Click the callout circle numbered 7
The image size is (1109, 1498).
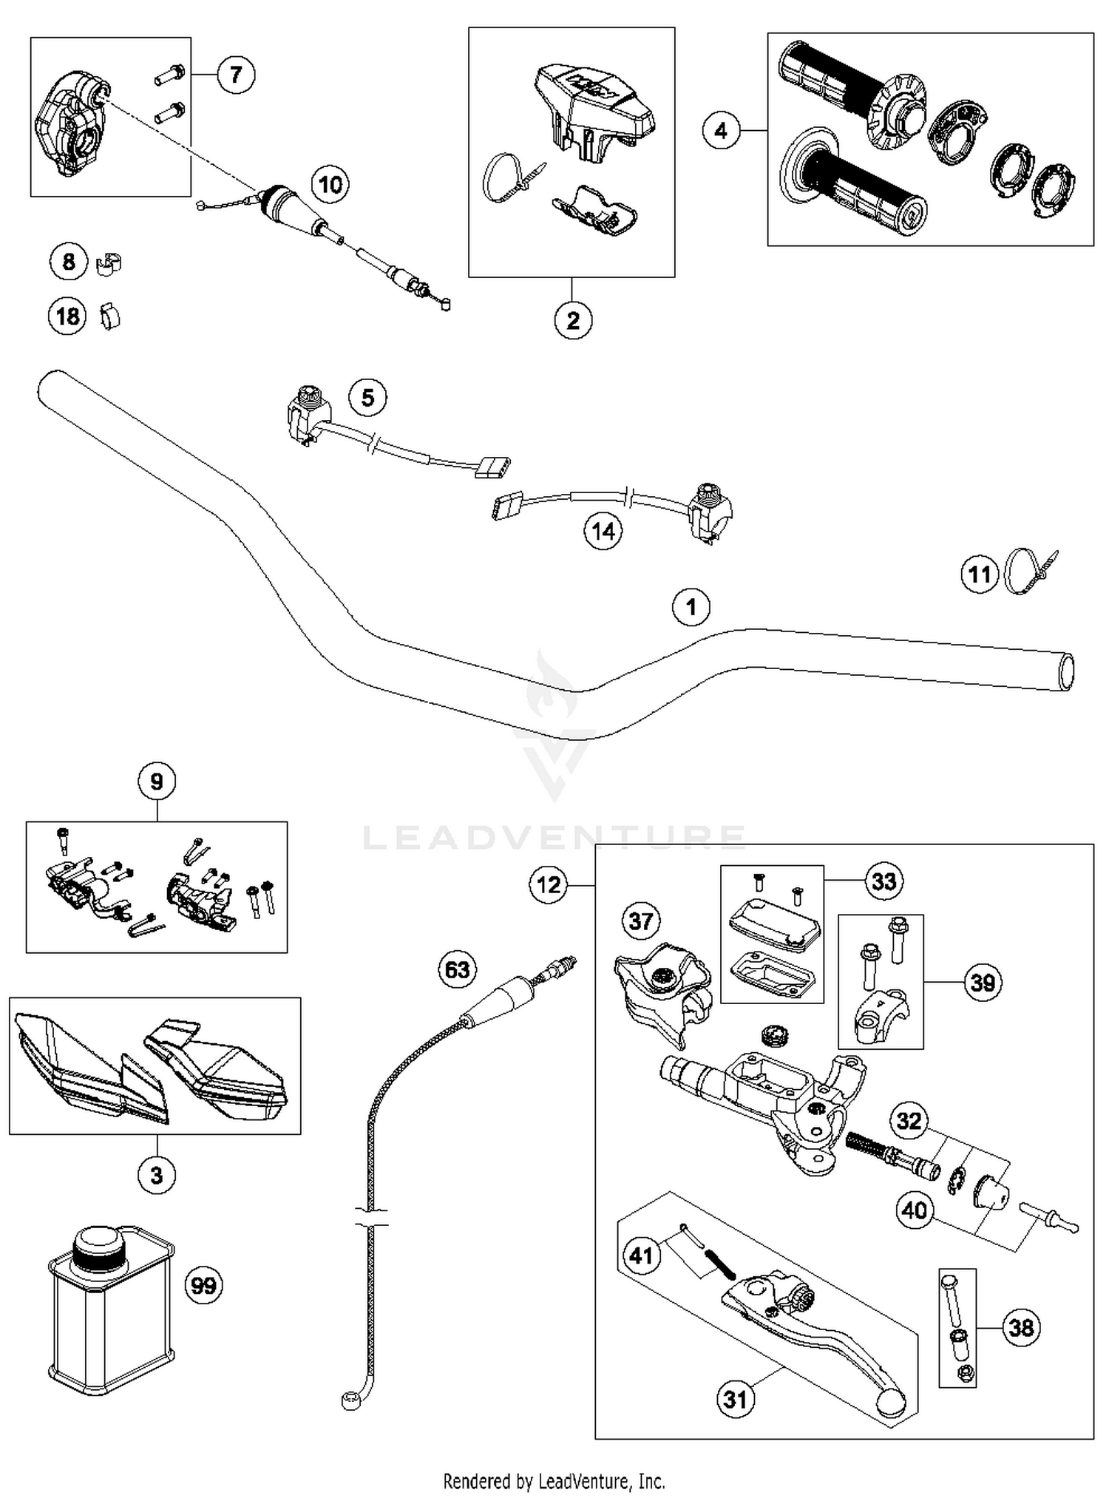[235, 74]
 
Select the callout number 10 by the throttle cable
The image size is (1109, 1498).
[330, 184]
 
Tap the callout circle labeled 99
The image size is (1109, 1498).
[203, 1284]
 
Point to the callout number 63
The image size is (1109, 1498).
[457, 969]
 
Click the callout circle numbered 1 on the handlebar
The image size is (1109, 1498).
[691, 607]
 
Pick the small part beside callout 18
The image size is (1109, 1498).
[109, 316]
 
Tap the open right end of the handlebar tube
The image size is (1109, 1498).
[1065, 671]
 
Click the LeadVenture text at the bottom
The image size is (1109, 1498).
[554, 1481]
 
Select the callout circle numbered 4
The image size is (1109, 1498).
[720, 131]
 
